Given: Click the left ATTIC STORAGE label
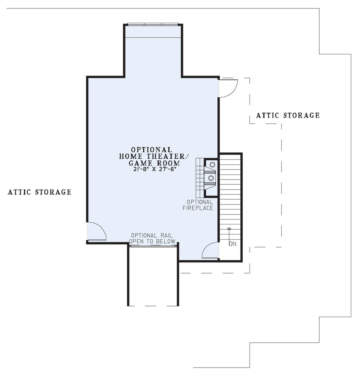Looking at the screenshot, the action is tap(40, 192).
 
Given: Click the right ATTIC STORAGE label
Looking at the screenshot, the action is tap(288, 115).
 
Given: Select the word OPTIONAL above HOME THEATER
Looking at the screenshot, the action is tap(152, 150).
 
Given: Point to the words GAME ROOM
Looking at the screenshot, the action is tap(154, 163).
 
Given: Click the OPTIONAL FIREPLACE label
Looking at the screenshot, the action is tap(198, 205).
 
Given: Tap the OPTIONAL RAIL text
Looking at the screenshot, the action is tap(152, 236).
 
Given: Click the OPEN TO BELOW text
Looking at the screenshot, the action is tap(152, 241).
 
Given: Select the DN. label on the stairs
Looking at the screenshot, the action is tap(233, 244).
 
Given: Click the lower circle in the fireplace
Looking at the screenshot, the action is tap(211, 178).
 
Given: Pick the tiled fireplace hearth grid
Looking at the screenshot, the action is tap(200, 178).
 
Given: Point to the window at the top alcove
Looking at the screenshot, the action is tap(153, 24).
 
